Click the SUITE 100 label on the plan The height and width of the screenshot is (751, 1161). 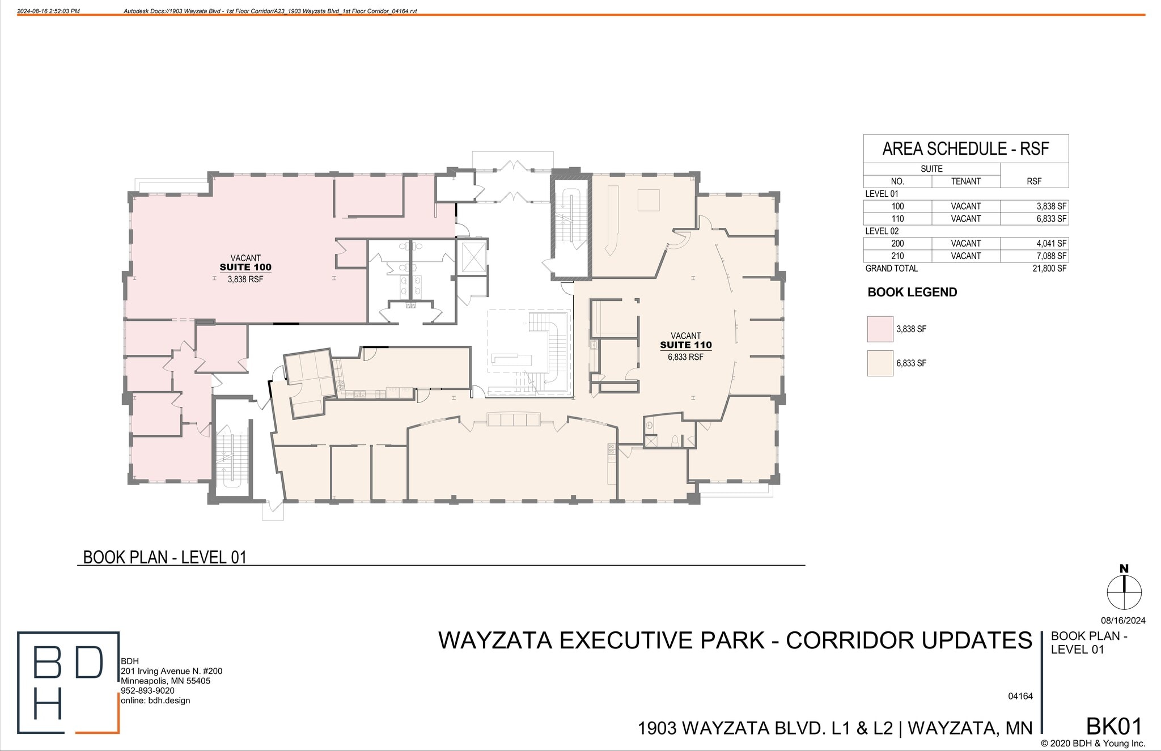coord(245,268)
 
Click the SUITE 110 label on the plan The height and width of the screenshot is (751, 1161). coord(685,345)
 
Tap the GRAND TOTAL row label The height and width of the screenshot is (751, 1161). coord(891,269)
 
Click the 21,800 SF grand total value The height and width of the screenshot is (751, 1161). coord(1049,269)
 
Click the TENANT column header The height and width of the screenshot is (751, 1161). coord(965,181)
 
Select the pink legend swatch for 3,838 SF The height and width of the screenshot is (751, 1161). coord(880,329)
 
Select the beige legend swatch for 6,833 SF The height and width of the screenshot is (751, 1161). coord(880,363)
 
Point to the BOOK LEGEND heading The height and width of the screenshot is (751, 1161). coord(912,292)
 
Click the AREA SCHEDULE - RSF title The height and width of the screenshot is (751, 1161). coord(965,149)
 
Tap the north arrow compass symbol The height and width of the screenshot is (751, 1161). coord(1124,592)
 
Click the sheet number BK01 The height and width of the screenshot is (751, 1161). coord(1113,726)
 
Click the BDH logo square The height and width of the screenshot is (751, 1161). coord(68,682)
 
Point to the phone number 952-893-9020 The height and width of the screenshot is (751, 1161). coord(147,691)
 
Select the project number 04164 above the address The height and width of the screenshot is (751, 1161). coord(1020,696)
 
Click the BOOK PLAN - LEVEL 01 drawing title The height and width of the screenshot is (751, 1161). coord(165,557)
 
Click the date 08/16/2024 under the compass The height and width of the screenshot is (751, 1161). coord(1123,621)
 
